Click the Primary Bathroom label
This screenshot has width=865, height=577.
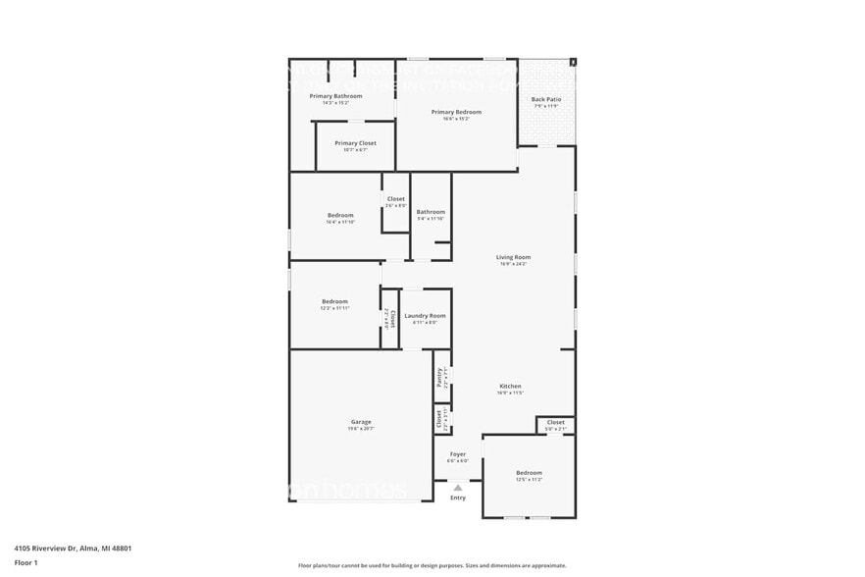(x=335, y=96)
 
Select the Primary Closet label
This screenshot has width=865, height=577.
(x=355, y=143)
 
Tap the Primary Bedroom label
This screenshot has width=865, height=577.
(x=456, y=112)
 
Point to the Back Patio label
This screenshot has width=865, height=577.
(x=545, y=99)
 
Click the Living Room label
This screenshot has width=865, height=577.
(x=513, y=257)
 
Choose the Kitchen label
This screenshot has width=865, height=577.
(x=510, y=386)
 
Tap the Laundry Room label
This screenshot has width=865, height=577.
(x=425, y=316)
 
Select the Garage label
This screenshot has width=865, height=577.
(x=360, y=422)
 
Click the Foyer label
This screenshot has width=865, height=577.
(x=457, y=454)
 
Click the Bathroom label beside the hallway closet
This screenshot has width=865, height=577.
(x=431, y=212)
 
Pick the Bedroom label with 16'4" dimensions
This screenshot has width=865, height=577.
(x=340, y=215)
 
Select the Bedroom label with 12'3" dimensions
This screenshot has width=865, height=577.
(x=334, y=301)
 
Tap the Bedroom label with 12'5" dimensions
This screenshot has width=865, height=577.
(x=529, y=473)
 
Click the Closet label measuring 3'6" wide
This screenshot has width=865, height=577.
(x=395, y=199)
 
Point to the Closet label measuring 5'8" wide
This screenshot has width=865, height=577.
(x=555, y=423)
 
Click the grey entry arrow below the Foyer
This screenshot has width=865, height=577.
(x=457, y=487)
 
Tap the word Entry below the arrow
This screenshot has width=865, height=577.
(x=458, y=498)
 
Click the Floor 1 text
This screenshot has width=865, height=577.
(x=25, y=562)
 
